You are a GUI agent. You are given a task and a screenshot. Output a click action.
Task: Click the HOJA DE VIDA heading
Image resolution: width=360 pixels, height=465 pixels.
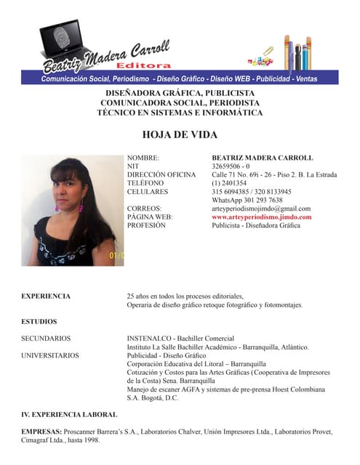click(x=180, y=135)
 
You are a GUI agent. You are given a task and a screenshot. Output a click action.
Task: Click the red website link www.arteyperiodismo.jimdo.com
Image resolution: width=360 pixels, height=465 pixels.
click(x=261, y=217)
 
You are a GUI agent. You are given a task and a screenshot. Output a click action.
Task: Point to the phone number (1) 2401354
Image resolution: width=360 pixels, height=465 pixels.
click(x=229, y=183)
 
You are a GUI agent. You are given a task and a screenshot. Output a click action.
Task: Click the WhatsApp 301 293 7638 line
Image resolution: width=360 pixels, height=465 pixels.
click(x=247, y=200)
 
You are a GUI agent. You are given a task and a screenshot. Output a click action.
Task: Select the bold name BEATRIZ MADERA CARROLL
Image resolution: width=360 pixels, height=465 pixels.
click(x=262, y=158)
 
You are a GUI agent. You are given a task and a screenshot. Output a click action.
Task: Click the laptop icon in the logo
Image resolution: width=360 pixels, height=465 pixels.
click(x=65, y=40)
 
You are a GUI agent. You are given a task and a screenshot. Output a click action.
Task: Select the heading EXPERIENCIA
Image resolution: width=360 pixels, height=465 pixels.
click(x=46, y=296)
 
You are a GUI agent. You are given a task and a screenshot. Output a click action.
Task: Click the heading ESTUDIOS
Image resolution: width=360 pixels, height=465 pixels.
click(x=39, y=320)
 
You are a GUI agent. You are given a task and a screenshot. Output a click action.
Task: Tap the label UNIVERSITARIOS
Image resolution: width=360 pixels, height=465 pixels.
click(x=50, y=355)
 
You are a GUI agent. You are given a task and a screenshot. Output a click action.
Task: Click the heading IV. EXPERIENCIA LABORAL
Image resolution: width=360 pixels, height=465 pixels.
click(x=69, y=414)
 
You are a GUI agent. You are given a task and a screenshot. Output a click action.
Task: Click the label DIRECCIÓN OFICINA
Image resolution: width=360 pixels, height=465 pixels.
click(x=161, y=175)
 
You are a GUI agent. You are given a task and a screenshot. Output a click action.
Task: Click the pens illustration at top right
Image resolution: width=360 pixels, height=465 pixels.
click(x=297, y=52)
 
